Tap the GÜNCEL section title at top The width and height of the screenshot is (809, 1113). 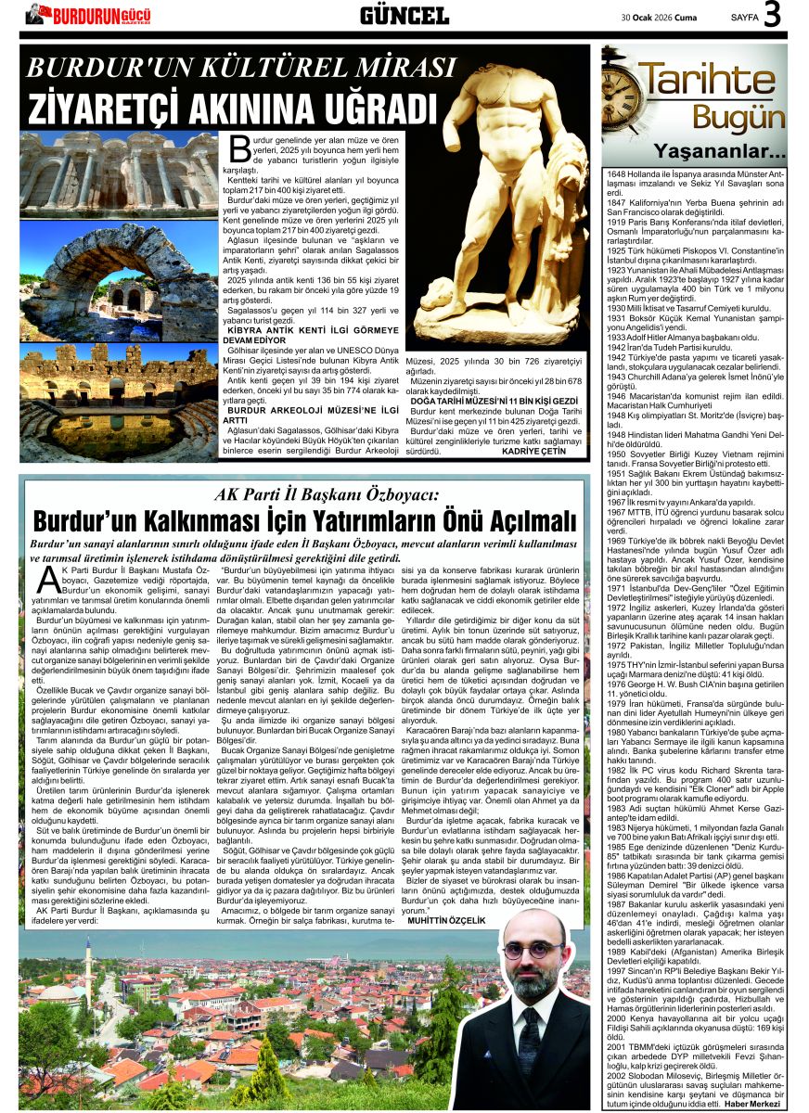[404, 15]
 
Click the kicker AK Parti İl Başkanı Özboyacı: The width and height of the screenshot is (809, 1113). [306, 493]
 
